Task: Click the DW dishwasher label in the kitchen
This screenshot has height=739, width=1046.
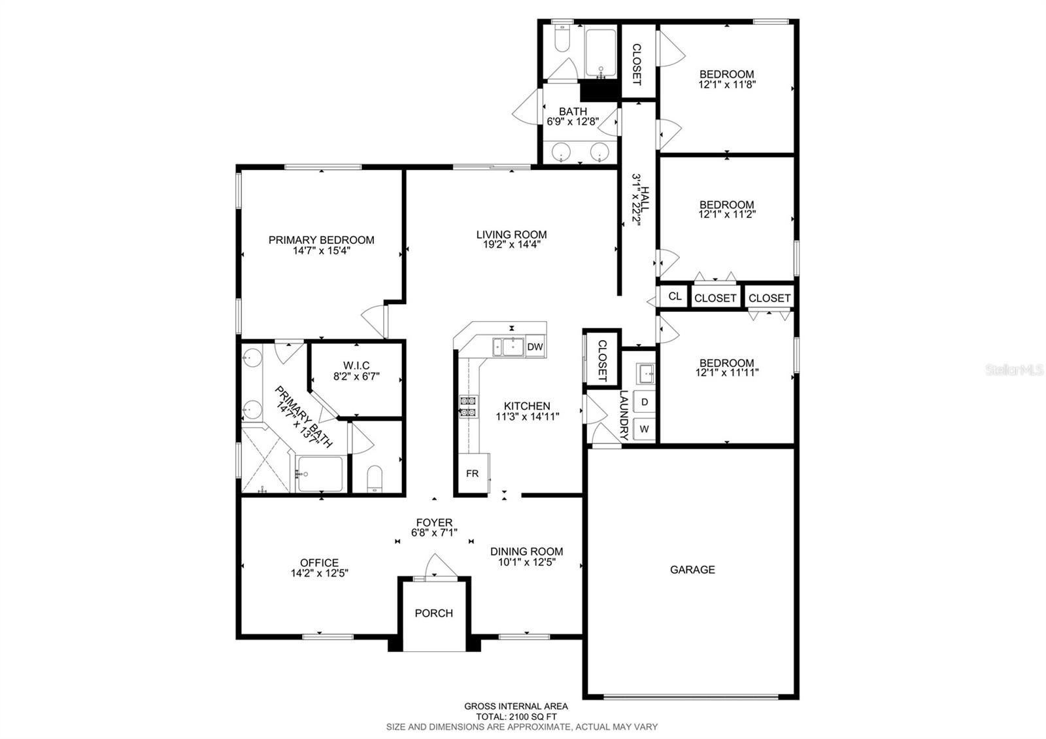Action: tap(535, 347)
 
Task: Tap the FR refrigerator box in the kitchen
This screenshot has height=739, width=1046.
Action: tap(472, 473)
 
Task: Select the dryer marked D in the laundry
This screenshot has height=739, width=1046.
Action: tap(645, 402)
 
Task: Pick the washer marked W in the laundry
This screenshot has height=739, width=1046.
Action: tap(645, 430)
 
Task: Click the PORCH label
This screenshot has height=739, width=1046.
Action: tap(434, 613)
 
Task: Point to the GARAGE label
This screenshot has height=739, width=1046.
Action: tap(692, 570)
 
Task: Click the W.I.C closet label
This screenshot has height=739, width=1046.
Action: tap(356, 366)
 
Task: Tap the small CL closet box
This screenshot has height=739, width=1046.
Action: tap(675, 296)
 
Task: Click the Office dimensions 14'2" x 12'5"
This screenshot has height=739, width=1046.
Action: tap(319, 573)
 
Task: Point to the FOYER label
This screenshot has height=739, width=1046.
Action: tap(434, 523)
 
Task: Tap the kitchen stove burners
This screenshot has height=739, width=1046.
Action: tap(469, 406)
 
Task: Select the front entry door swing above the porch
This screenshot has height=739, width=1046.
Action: tap(435, 566)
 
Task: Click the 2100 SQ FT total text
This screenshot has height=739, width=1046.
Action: tap(516, 716)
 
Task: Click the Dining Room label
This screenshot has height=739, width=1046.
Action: tap(526, 551)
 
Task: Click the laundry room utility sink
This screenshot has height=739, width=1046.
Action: tap(645, 373)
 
